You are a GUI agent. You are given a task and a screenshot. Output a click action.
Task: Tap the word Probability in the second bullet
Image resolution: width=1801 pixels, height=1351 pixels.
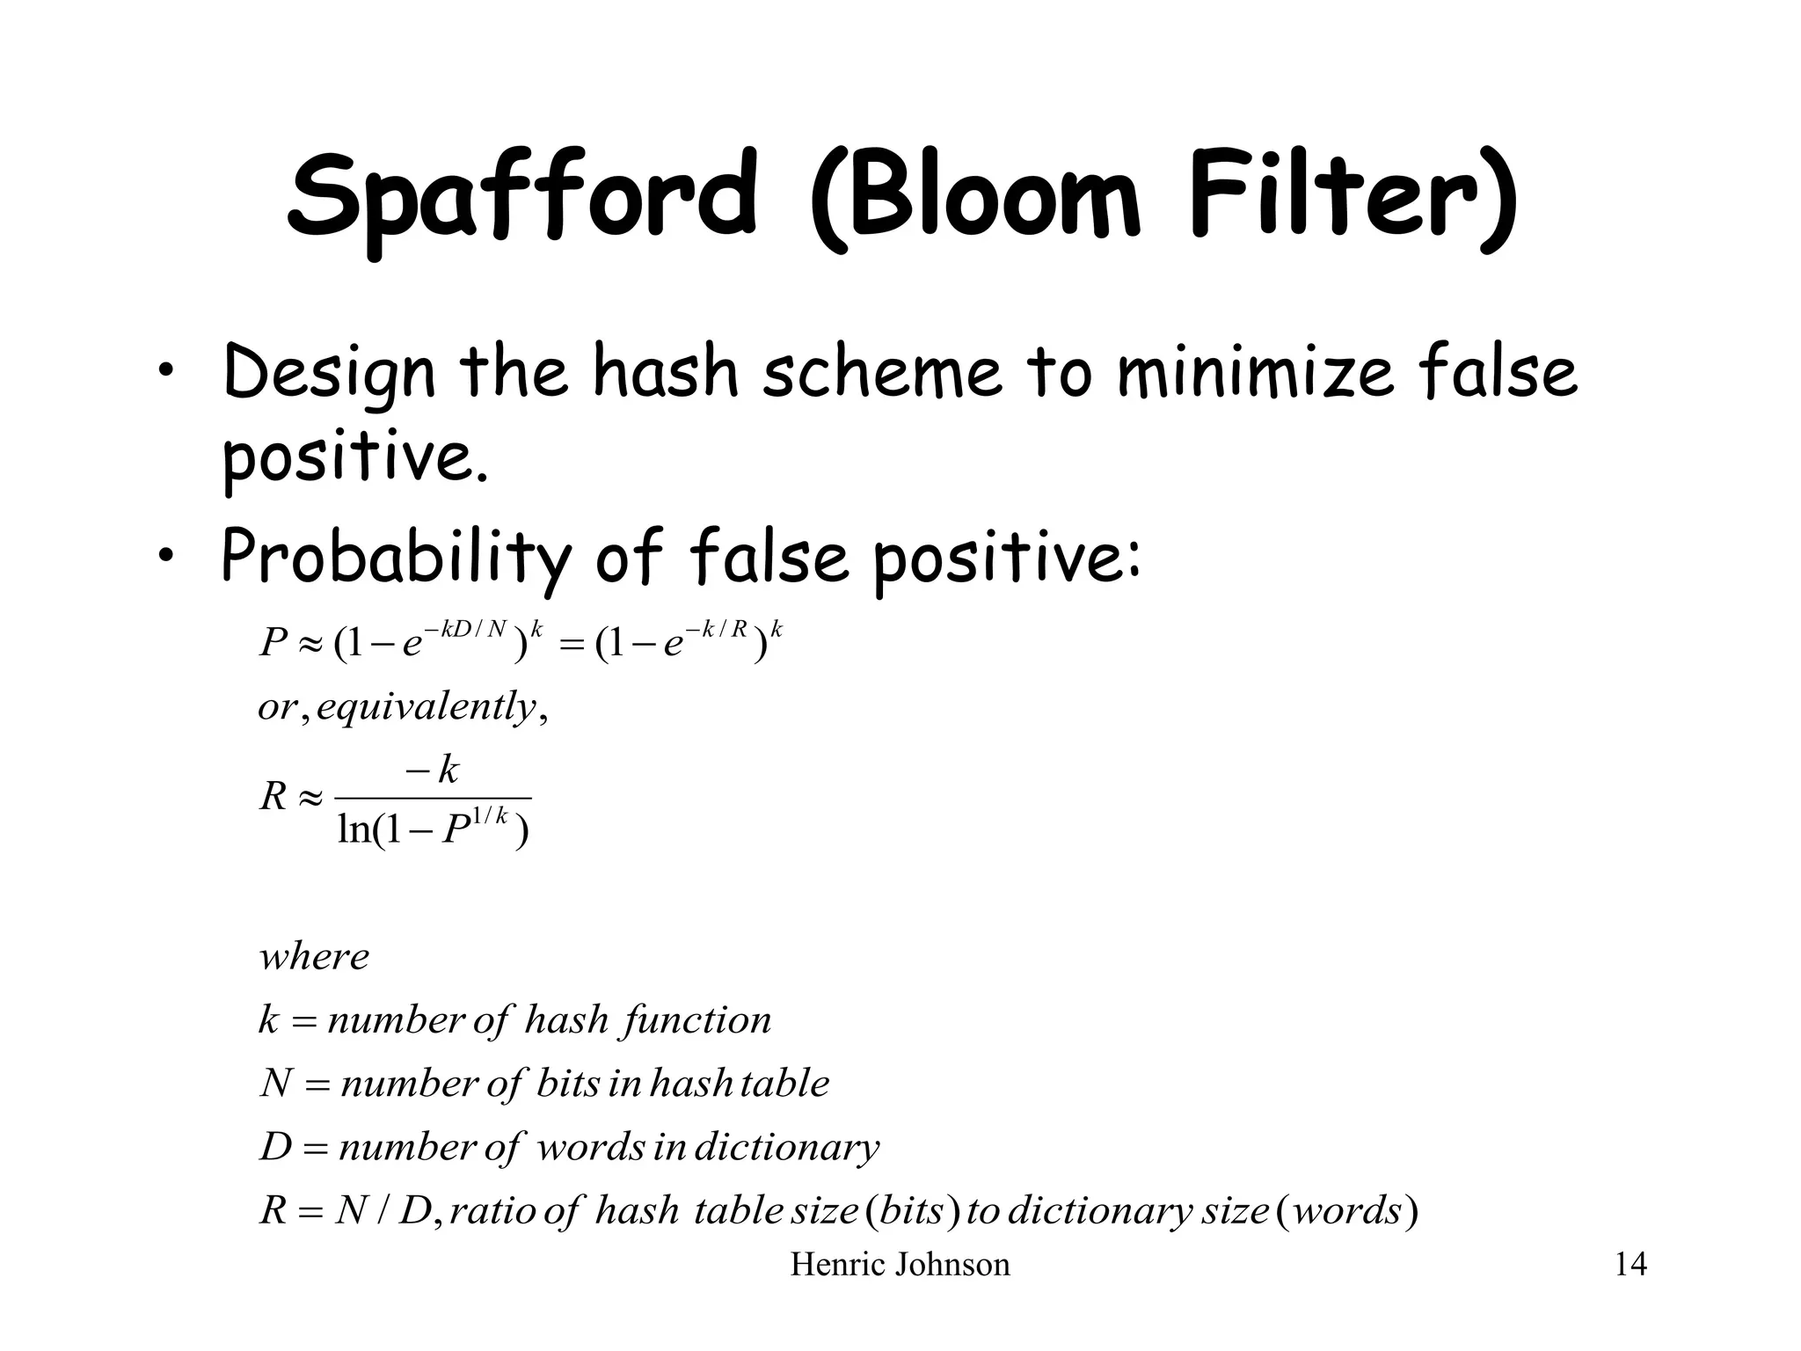(x=396, y=558)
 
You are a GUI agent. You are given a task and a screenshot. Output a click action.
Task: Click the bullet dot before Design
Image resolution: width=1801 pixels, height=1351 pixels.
(x=164, y=376)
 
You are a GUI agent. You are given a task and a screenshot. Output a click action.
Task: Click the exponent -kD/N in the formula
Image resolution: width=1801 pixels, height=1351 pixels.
(x=466, y=628)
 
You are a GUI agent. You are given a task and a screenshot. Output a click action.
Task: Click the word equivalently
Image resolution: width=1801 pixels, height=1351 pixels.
(x=427, y=706)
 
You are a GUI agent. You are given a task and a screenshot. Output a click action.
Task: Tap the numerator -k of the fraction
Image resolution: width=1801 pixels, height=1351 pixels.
(x=433, y=770)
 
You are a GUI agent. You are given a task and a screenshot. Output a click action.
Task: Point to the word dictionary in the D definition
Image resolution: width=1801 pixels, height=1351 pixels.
(x=786, y=1147)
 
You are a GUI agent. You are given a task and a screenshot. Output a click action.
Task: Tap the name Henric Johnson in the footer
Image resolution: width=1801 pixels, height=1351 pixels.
(x=900, y=1265)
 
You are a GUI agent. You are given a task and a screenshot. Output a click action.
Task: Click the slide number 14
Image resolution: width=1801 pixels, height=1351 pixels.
(x=1630, y=1265)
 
